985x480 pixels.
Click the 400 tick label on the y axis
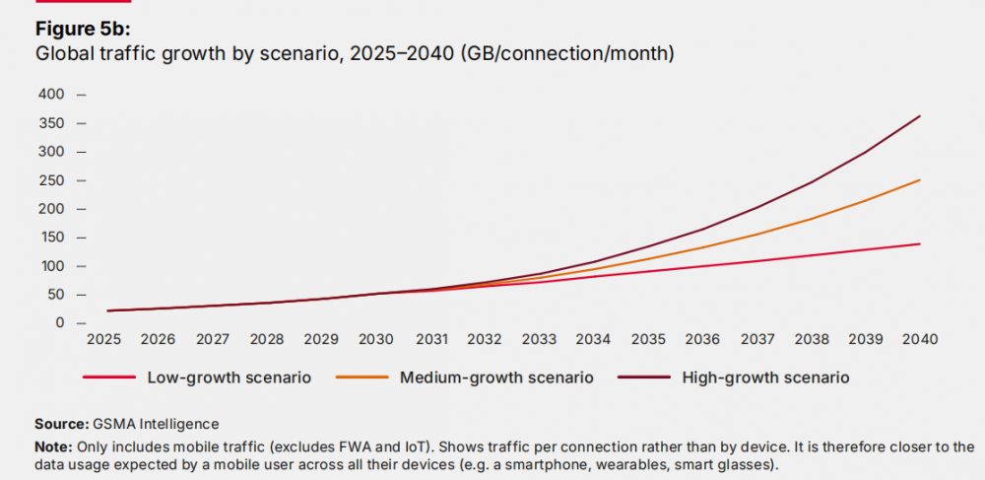(51, 95)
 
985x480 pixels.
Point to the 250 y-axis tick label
(51, 180)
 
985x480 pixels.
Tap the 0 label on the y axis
(59, 323)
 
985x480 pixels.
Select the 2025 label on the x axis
(103, 339)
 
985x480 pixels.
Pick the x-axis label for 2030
(375, 339)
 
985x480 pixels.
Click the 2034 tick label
(593, 339)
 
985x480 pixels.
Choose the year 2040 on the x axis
(919, 339)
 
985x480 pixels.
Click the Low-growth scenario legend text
(230, 377)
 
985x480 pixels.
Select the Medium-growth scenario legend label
(495, 377)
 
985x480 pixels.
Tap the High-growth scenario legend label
(765, 377)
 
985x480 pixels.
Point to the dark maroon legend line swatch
(639, 377)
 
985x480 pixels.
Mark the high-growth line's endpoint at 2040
(920, 116)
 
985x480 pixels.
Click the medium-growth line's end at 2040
(920, 179)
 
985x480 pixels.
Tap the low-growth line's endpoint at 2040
(920, 243)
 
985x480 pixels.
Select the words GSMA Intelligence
(157, 425)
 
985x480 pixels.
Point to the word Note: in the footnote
(55, 446)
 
